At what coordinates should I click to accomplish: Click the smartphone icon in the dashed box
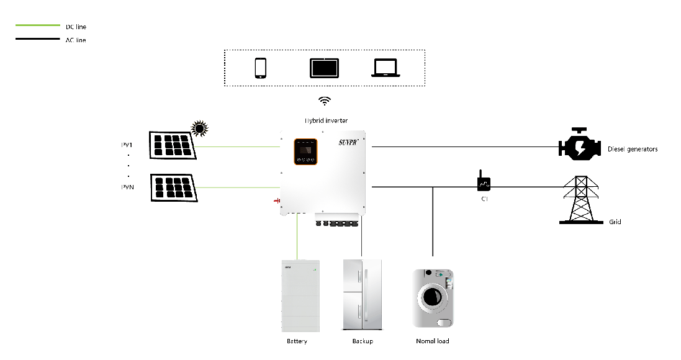pos(261,68)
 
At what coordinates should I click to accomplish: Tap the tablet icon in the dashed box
pos(325,68)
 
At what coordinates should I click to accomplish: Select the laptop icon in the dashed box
pos(386,68)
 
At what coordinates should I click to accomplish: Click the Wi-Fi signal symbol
pos(325,101)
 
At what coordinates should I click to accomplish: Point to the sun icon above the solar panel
pos(199,128)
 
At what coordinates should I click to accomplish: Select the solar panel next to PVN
pos(173,187)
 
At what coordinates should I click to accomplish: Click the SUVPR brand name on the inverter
pos(350,143)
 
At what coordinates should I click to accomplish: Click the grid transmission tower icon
pos(580,200)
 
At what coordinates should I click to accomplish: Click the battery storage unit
pos(300,296)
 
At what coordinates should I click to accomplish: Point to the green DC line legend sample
pos(38,25)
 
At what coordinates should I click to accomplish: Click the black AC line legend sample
pos(38,39)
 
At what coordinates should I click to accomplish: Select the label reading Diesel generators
pos(633,150)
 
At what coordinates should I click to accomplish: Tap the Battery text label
pos(297,341)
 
